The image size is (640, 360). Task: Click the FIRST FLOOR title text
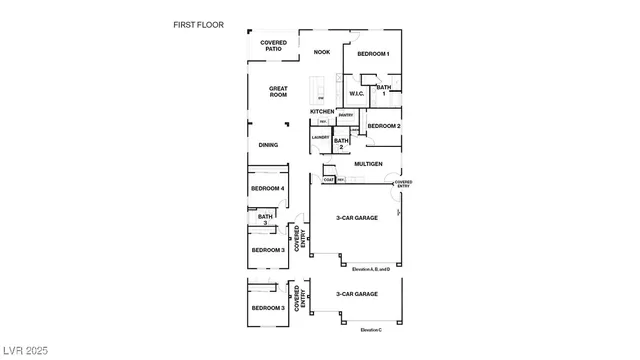pos(198,24)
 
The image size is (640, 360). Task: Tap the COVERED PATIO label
pos(273,46)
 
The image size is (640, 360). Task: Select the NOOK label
pos(321,52)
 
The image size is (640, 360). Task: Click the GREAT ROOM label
pos(278,91)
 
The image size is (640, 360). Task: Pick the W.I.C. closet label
pos(357,94)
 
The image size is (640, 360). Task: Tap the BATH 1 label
pos(385,91)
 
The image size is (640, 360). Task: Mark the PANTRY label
pos(345,115)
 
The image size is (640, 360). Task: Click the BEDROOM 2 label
pos(384,126)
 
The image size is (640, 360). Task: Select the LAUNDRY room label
pos(321,137)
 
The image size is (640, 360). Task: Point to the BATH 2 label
pos(341,144)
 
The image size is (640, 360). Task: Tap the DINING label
pos(268,145)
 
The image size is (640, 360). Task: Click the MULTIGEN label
pos(368,163)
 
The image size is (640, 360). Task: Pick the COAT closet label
pos(329,180)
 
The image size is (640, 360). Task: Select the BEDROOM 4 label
pos(268,188)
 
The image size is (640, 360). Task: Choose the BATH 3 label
pos(265,219)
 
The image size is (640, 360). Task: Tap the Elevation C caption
pos(371,329)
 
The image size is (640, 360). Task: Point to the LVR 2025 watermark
pos(25,351)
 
